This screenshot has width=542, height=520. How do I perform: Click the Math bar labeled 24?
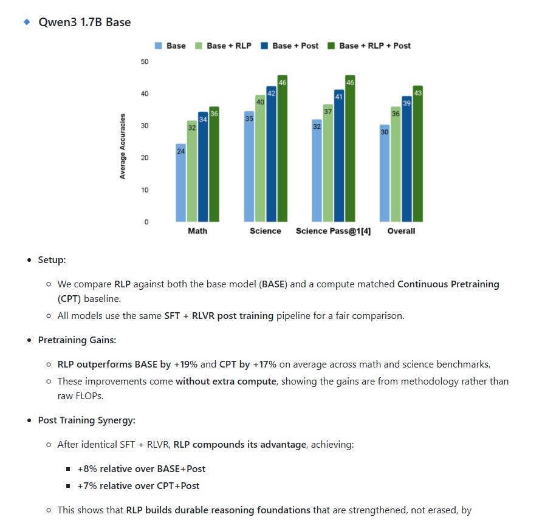click(x=180, y=182)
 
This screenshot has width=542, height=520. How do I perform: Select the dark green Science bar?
click(x=282, y=148)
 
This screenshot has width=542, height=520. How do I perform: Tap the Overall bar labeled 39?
click(x=406, y=159)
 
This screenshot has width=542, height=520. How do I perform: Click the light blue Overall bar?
click(x=385, y=173)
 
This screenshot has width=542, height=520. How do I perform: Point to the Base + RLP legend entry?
click(x=223, y=46)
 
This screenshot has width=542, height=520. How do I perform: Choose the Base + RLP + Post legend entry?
click(x=369, y=46)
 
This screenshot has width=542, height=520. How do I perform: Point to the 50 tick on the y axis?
click(x=144, y=61)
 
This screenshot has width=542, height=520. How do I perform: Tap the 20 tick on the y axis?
click(x=144, y=158)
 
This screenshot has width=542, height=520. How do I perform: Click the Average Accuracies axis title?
click(x=123, y=146)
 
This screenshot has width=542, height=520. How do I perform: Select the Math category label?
click(x=197, y=231)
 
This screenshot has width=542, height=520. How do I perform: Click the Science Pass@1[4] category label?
click(x=333, y=231)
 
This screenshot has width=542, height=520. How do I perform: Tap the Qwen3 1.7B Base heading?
click(x=84, y=22)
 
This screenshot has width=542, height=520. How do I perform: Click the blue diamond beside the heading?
click(x=26, y=22)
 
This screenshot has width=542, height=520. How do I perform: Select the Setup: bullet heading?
click(x=52, y=260)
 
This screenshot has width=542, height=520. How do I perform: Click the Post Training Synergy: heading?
click(x=87, y=420)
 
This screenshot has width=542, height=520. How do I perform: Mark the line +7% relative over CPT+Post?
click(x=139, y=485)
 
